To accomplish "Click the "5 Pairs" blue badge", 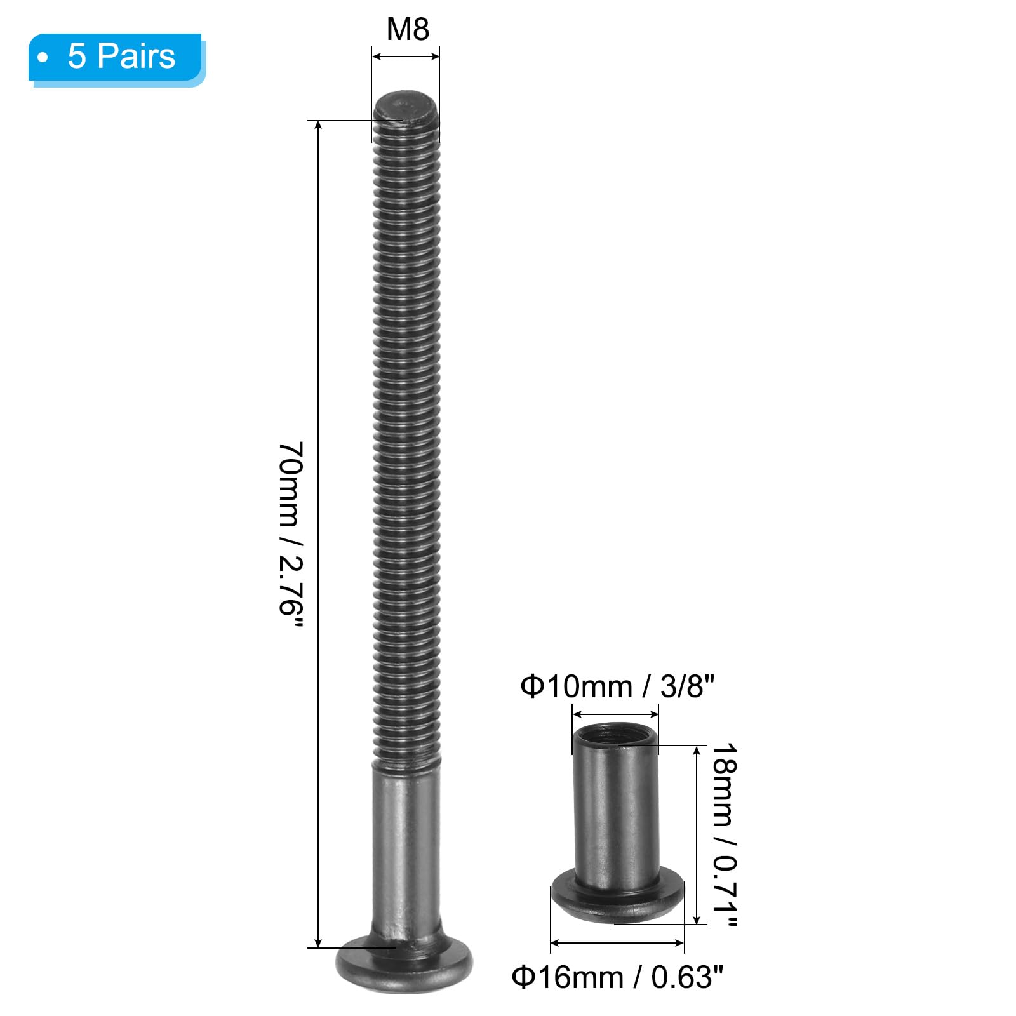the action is (x=116, y=58).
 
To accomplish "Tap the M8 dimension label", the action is (x=408, y=29).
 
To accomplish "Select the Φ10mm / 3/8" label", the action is (x=617, y=686).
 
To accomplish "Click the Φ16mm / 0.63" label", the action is (x=617, y=977).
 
